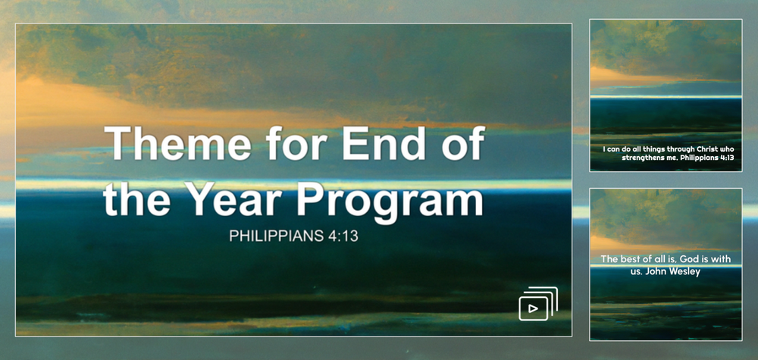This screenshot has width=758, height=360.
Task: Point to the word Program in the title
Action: (x=390, y=204)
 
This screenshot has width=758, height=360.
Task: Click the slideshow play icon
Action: (x=538, y=303)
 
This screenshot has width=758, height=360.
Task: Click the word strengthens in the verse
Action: (x=641, y=158)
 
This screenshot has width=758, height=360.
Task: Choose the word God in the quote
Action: (x=682, y=259)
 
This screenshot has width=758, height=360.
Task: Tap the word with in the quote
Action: (x=722, y=259)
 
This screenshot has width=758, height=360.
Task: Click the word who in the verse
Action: (x=725, y=149)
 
